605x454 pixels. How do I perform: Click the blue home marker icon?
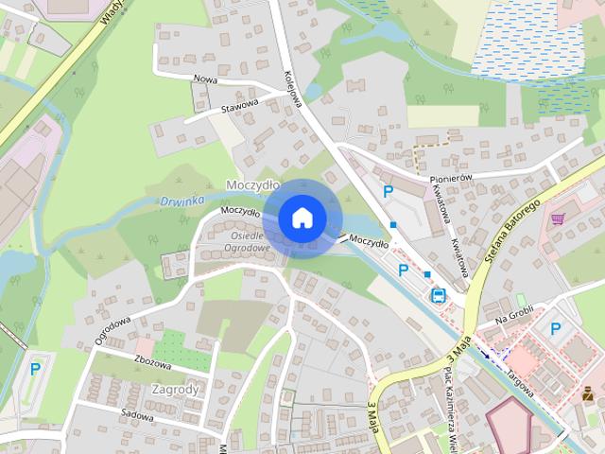point(301,218)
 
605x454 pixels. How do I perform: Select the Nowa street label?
point(205,79)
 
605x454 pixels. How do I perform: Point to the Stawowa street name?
point(239,105)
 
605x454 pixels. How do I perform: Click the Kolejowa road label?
point(292,87)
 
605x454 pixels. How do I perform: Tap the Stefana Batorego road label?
point(513,228)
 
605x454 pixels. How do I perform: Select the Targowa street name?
point(518,375)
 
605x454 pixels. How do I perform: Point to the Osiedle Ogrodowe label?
point(249,241)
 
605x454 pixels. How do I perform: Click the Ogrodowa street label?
point(113,323)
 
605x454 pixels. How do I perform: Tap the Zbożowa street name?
point(127,362)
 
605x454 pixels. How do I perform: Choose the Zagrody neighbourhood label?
point(175,389)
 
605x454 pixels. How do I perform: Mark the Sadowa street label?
point(138,414)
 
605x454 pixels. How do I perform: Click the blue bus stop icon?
point(439,294)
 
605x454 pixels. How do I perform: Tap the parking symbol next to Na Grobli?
point(556,329)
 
